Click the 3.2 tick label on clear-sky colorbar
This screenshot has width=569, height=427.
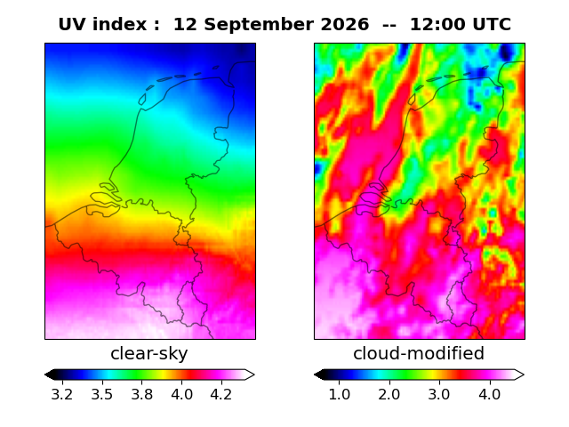point(62,394)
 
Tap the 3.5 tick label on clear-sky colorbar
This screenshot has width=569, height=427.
point(102,394)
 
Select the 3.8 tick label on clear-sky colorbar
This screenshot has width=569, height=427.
point(142,394)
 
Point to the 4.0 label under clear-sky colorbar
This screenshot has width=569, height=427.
point(181,394)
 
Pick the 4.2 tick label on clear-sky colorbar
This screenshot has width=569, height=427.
point(221,394)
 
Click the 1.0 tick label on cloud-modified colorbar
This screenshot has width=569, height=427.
point(340,394)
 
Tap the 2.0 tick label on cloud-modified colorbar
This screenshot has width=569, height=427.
point(389,394)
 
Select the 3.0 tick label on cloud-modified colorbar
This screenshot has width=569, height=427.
point(439,394)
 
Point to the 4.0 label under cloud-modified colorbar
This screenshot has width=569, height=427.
point(490,394)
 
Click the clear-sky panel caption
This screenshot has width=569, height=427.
point(149,354)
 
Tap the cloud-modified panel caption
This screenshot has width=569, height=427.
point(419,353)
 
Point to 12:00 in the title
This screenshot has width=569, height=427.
point(437,25)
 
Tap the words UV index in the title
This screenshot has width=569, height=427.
point(103,25)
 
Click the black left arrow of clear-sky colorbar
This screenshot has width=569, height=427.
point(50,375)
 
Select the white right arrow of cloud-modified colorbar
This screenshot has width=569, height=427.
point(519,375)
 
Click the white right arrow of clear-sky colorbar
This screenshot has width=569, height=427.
point(250,375)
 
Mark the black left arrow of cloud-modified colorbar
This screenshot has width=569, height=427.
point(319,375)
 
